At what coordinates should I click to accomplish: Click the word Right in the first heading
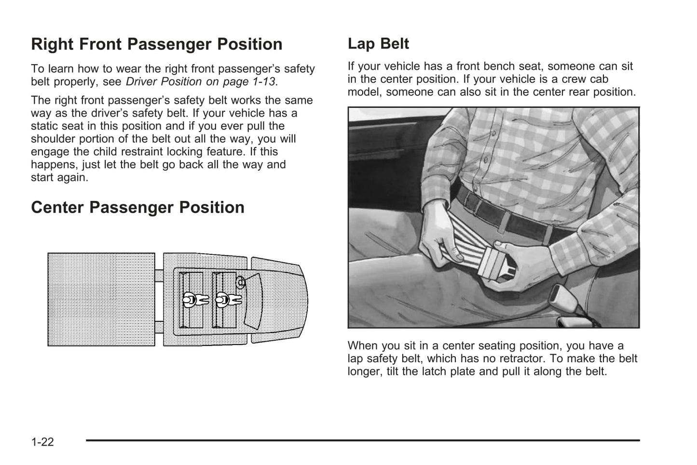point(52,44)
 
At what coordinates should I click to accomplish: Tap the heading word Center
point(58,208)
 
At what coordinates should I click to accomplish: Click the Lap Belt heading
point(378,44)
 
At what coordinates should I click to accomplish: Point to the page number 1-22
point(42,441)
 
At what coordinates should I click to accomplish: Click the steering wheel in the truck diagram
point(240,282)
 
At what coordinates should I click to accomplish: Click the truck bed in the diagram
point(101,299)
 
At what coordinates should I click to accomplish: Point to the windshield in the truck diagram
point(253,299)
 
